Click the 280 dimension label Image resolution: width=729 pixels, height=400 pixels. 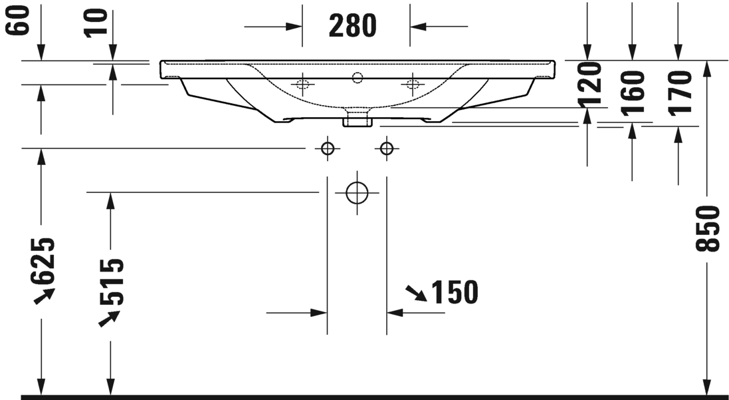[x=353, y=26]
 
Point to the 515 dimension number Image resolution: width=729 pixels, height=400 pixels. [x=112, y=281]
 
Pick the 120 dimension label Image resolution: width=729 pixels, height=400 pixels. [x=589, y=85]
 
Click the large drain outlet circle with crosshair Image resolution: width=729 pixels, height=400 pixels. [x=357, y=193]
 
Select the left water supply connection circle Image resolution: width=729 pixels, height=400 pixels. [x=327, y=148]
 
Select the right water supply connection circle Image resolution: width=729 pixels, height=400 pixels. [x=386, y=148]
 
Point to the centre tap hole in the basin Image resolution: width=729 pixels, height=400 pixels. [x=358, y=78]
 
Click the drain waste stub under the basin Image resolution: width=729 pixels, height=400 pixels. [x=356, y=119]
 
